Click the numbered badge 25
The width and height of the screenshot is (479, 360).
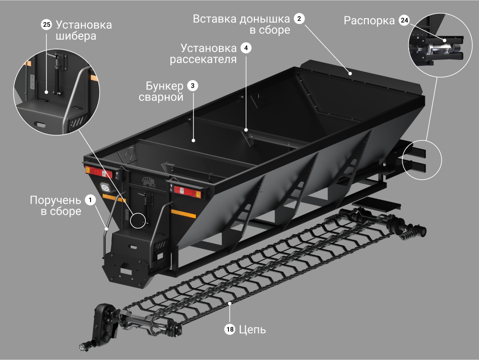[x=46, y=24]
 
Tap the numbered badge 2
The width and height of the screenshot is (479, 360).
[x=299, y=19]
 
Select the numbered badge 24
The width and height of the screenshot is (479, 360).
[x=404, y=20]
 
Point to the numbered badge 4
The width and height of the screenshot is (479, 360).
[x=246, y=48]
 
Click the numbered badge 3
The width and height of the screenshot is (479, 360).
[x=193, y=86]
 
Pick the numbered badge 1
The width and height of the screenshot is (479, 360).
[x=90, y=200]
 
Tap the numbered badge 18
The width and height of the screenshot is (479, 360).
[x=230, y=329]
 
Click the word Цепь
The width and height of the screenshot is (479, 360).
[x=252, y=330]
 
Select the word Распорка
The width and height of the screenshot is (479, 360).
[x=369, y=21]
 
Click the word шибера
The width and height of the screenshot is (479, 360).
[x=76, y=36]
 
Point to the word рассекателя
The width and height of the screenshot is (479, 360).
[x=203, y=59]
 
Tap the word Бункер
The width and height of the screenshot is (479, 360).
[x=164, y=86]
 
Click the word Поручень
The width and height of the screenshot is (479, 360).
[x=55, y=200]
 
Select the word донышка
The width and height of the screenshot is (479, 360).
[x=264, y=19]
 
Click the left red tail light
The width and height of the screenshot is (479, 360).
[x=99, y=172]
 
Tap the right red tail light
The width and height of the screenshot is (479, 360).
[x=188, y=192]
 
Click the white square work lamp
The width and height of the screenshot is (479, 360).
[x=105, y=187]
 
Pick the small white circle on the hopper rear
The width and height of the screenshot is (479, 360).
[x=138, y=221]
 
